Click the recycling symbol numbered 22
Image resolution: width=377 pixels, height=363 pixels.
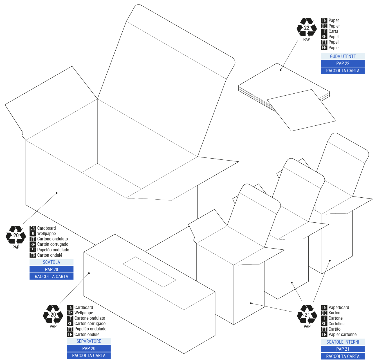tap(306, 27)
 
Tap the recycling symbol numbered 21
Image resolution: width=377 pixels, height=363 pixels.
tap(307, 314)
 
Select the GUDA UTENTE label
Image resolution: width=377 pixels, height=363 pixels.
tap(343, 56)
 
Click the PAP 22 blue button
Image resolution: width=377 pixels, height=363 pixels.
tap(343, 64)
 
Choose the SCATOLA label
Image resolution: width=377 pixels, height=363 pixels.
tap(51, 262)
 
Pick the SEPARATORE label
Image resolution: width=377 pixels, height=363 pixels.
tap(89, 341)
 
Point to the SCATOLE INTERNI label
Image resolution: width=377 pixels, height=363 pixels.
tap(343, 342)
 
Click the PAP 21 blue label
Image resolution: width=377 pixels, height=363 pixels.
tap(343, 349)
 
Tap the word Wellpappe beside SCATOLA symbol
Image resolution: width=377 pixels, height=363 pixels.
tap(46, 233)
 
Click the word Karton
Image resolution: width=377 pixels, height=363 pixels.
tap(334, 313)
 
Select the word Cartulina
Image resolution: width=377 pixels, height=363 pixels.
tap(336, 324)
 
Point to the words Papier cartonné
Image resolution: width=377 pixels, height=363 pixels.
tap(342, 334)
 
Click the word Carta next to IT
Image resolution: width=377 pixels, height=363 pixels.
tap(333, 31)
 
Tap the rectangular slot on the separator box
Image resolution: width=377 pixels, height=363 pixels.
tap(149, 272)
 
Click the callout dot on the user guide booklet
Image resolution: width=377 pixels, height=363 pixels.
tap(280, 70)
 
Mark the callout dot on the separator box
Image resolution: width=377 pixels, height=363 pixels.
tap(89, 273)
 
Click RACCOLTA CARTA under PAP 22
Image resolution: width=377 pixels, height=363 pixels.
tap(343, 71)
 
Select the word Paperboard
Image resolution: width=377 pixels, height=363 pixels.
tap(339, 307)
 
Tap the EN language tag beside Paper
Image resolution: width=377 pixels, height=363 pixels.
tap(324, 20)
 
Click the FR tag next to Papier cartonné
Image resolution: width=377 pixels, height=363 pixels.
tap(324, 334)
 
